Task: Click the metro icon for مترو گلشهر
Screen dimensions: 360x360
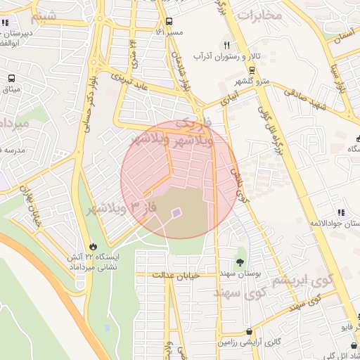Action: [251, 70]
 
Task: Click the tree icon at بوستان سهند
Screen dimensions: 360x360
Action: [241, 262]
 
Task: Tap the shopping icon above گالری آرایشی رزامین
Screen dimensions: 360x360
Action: [249, 331]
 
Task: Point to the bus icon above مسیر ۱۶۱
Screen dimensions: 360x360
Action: [169, 21]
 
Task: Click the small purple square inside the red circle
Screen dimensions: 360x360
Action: [176, 211]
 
